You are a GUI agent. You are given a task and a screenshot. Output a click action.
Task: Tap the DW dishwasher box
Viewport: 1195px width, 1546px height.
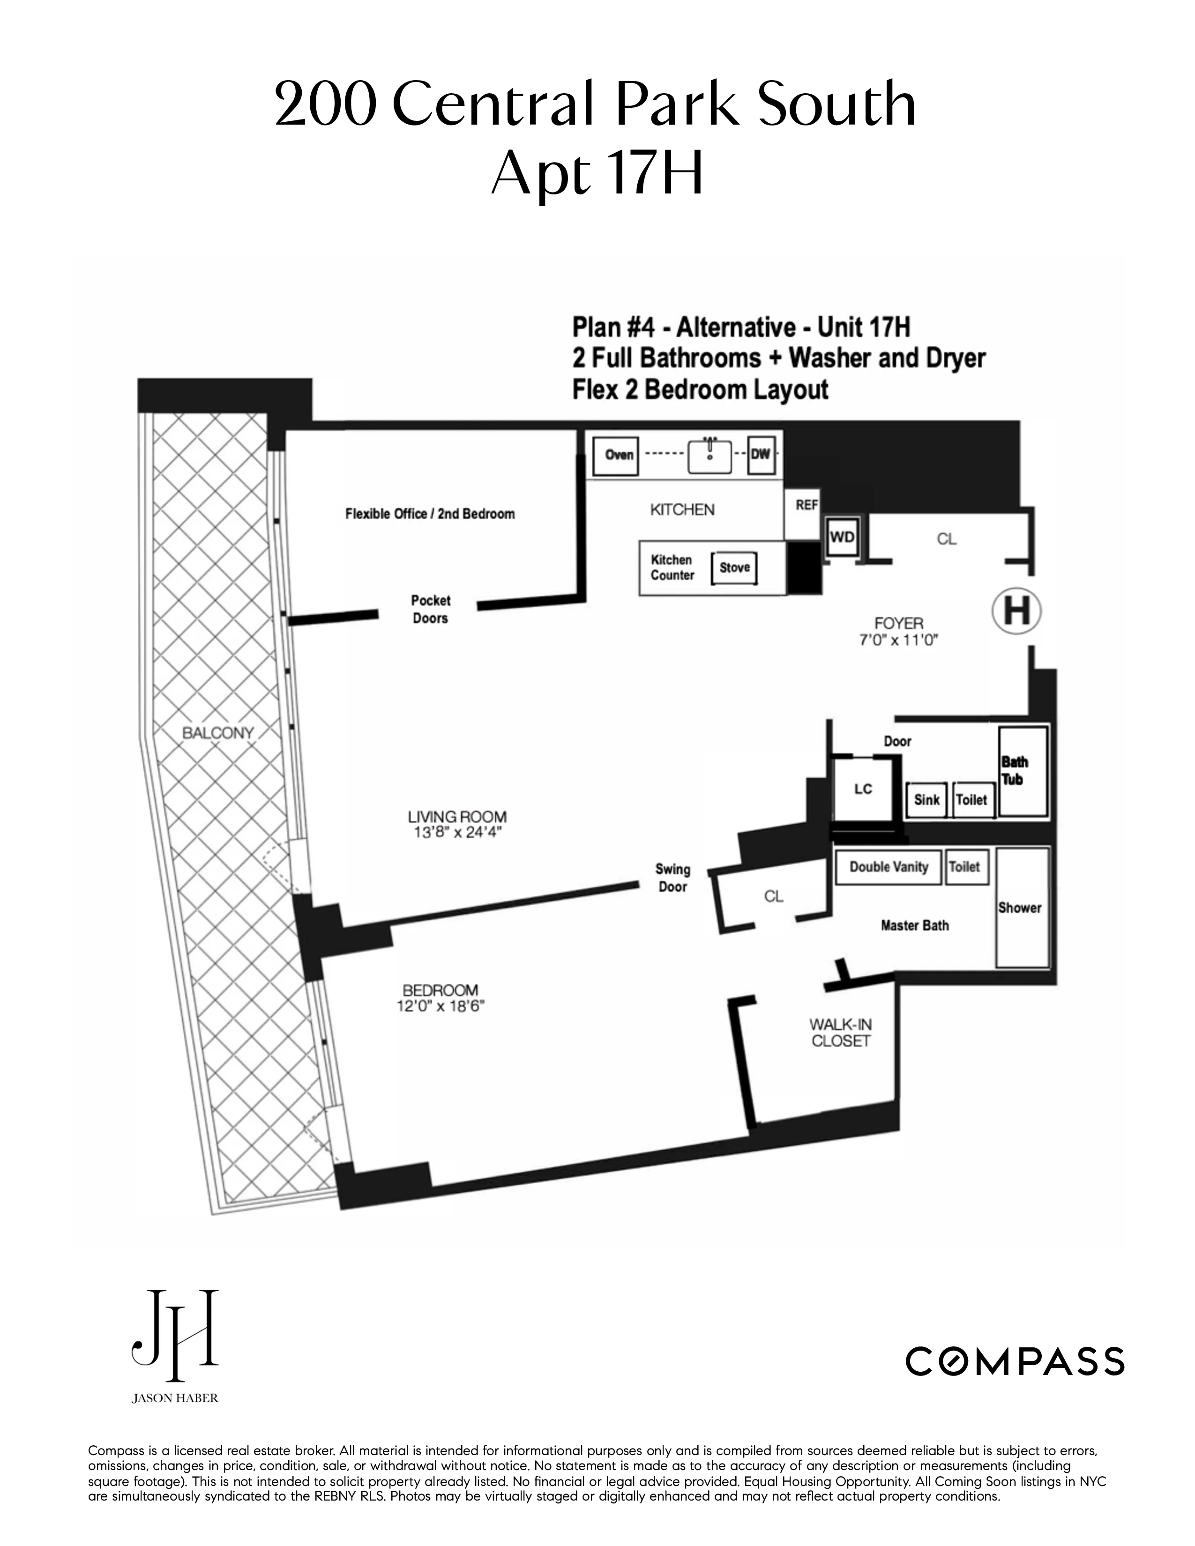click(760, 454)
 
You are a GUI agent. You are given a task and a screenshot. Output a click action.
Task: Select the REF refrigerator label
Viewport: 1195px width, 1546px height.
click(807, 505)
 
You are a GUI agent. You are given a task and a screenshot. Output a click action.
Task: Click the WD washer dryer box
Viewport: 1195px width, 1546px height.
click(842, 537)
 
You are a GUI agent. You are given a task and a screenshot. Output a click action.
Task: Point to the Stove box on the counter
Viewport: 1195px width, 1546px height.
click(734, 568)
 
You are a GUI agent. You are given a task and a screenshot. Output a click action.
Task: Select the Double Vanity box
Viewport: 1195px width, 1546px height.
click(889, 867)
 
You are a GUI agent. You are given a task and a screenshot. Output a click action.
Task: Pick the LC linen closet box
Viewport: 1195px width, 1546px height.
click(863, 789)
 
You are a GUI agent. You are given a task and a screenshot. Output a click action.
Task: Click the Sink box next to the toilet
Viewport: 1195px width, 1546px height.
click(926, 800)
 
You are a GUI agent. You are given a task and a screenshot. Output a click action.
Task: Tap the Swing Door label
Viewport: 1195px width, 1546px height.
click(672, 878)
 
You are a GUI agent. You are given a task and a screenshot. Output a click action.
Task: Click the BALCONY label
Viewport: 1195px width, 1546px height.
click(217, 733)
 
